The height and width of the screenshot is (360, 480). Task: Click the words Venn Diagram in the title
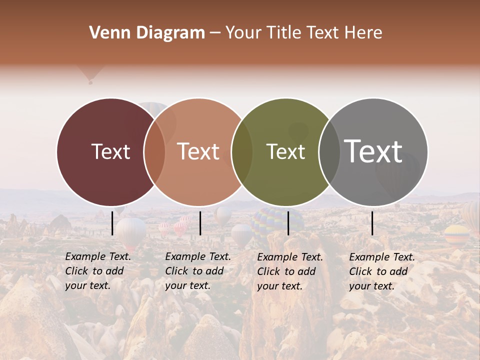click(147, 33)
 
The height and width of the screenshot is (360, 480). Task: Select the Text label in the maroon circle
click(110, 151)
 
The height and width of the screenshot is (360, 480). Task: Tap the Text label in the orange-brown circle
click(198, 151)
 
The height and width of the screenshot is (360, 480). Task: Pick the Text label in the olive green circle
click(285, 151)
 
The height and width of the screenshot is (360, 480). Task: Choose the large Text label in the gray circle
click(373, 151)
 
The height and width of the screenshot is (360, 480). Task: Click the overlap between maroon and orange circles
click(155, 151)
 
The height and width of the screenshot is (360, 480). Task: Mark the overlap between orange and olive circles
click(242, 151)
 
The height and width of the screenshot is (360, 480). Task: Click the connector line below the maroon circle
click(112, 223)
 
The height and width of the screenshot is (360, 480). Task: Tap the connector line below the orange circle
click(200, 223)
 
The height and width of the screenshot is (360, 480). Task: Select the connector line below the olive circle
click(288, 223)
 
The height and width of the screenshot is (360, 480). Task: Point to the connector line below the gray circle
click(372, 223)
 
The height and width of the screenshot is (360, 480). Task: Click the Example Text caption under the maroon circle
click(98, 271)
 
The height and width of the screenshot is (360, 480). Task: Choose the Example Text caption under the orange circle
click(198, 271)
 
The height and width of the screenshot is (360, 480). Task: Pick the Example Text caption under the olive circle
click(290, 271)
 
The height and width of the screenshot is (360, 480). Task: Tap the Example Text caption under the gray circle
click(382, 271)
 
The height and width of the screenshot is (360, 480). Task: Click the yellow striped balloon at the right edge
click(456, 233)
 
